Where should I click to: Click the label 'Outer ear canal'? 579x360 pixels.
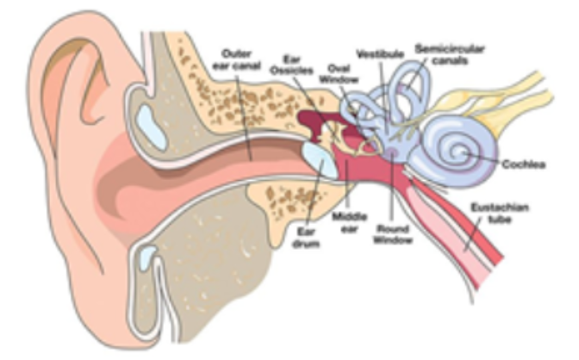tap(237, 59)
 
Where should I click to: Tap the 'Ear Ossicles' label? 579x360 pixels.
tap(292, 65)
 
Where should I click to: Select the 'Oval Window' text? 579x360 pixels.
tap(339, 73)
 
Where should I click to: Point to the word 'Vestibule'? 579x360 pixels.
tap(380, 54)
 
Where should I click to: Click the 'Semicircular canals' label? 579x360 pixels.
tap(450, 54)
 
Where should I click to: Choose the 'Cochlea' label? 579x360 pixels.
tap(524, 164)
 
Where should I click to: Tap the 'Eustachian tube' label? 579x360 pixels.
tap(500, 213)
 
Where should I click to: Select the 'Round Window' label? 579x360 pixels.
tap(393, 234)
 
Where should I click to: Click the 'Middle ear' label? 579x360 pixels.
tap(349, 222)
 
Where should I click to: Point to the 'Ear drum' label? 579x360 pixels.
tap(306, 238)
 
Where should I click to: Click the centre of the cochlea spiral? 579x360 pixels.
tap(461, 152)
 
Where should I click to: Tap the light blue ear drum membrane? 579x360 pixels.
tap(321, 160)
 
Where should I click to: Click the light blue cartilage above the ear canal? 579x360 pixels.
tap(151, 127)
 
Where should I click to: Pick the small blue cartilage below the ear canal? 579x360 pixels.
tap(147, 258)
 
